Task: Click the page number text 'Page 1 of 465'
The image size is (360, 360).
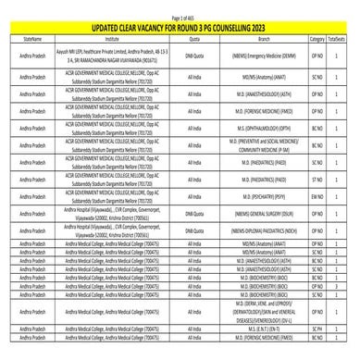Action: click(x=180, y=8)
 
